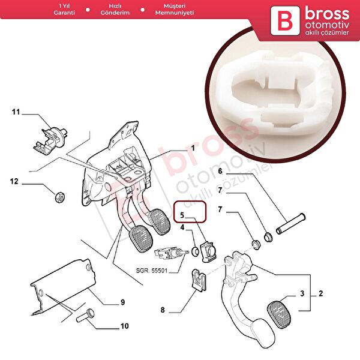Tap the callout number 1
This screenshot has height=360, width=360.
point(193,148)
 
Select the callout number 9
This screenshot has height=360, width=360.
point(122,302)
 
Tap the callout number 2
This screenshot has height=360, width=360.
point(320,294)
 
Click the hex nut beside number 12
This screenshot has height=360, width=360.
point(58,196)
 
